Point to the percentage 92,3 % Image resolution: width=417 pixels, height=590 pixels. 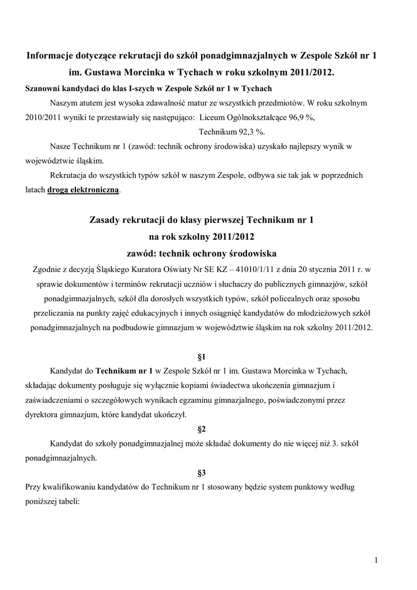click(240, 131)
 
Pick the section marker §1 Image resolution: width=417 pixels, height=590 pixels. click(202, 355)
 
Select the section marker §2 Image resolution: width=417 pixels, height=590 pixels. click(202, 429)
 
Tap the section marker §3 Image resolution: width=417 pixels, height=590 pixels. click(202, 473)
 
